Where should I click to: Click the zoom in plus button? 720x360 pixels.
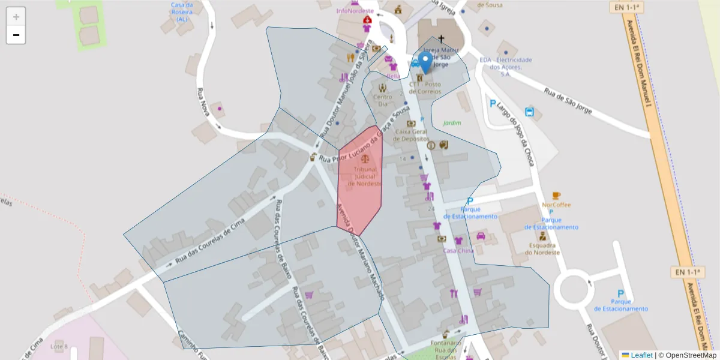click(x=16, y=16)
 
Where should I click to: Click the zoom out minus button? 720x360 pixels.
click(x=16, y=35)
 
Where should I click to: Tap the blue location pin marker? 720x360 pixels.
click(x=425, y=62)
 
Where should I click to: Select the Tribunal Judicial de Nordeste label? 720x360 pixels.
click(x=364, y=177)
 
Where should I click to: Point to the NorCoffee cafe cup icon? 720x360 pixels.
click(x=556, y=196)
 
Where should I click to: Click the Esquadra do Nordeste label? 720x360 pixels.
click(x=542, y=249)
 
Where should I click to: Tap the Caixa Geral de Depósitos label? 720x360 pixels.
click(x=411, y=134)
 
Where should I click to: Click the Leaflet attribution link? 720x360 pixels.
click(x=641, y=355)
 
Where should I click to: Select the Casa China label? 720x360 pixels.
click(x=458, y=251)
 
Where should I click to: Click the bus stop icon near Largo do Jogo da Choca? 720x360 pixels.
click(x=530, y=112)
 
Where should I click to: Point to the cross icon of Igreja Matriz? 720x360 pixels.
click(x=441, y=39)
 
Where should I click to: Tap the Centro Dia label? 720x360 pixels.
click(x=382, y=100)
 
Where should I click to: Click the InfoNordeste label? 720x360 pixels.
click(x=355, y=11)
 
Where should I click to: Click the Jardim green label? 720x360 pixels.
click(x=452, y=123)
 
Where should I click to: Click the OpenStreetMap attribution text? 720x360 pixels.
click(x=691, y=355)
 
